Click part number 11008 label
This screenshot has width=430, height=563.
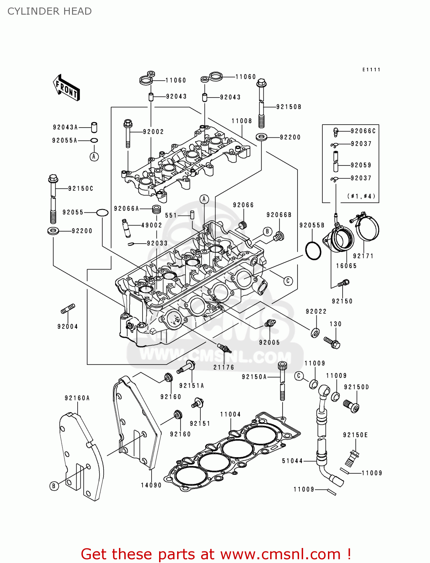pyautogui.click(x=242, y=121)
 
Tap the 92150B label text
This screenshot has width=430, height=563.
pyautogui.click(x=289, y=107)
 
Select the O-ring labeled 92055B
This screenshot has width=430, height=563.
pyautogui.click(x=313, y=251)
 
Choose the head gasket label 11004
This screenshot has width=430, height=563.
pyautogui.click(x=230, y=414)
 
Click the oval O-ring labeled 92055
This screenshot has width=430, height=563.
pyautogui.click(x=102, y=213)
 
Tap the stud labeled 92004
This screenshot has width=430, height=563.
pyautogui.click(x=68, y=310)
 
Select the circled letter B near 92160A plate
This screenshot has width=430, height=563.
pyautogui.click(x=54, y=486)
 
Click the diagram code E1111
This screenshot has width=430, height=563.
pyautogui.click(x=371, y=70)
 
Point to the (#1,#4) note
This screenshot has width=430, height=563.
pyautogui.click(x=361, y=196)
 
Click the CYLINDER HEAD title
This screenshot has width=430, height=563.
pyautogui.click(x=50, y=11)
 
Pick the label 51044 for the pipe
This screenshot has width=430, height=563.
pyautogui.click(x=292, y=461)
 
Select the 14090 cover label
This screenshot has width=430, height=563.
pyautogui.click(x=151, y=485)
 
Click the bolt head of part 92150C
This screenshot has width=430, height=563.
pyautogui.click(x=53, y=178)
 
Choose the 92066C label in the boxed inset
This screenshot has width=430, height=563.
pyautogui.click(x=363, y=131)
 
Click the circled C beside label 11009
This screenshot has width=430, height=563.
pyautogui.click(x=299, y=376)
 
